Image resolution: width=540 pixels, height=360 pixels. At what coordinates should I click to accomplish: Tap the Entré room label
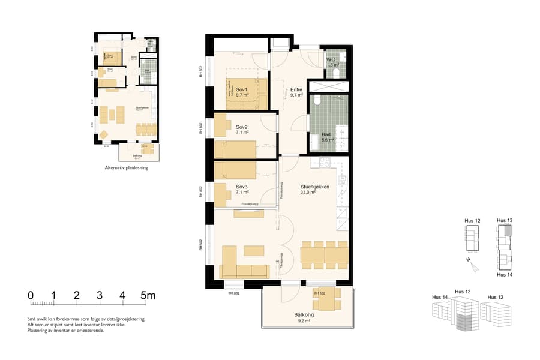[x=296, y=88]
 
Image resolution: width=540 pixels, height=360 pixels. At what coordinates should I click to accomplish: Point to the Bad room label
[x=326, y=134]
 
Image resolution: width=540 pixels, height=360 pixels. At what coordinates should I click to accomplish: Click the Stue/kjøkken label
[x=315, y=186]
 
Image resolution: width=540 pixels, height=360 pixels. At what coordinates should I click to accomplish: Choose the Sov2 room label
[x=242, y=128]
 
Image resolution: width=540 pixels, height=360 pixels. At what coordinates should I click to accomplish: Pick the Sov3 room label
[x=242, y=187]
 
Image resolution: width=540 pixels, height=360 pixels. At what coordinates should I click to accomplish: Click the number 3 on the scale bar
[x=100, y=295]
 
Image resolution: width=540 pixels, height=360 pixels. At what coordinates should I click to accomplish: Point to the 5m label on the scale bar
[x=148, y=295]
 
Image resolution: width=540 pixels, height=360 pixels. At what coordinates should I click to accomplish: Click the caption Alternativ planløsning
[x=126, y=168]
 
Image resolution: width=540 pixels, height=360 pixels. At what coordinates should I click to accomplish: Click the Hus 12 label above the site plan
[x=472, y=221]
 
